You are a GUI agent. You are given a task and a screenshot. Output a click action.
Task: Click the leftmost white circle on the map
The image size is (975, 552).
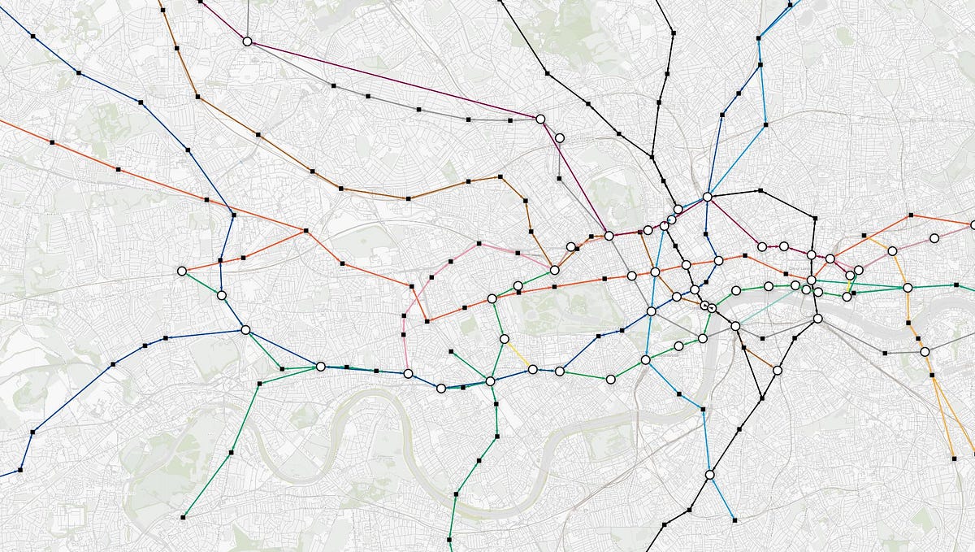click(x=181, y=271)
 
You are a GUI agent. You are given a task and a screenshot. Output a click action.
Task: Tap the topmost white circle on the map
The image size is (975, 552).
click(x=248, y=41)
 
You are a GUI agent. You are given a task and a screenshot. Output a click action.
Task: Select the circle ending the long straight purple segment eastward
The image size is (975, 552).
click(x=539, y=119)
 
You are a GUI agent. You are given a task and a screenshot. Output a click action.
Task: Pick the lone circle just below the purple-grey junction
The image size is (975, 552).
click(x=560, y=138)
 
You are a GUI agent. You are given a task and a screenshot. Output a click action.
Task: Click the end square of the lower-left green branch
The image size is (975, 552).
click(x=184, y=516)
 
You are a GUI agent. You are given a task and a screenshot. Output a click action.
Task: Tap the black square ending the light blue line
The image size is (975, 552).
click(x=734, y=519)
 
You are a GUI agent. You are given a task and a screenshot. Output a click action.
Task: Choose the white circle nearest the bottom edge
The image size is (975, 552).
click(x=709, y=474)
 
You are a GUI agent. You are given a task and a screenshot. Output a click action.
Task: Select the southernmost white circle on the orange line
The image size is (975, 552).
click(x=925, y=351)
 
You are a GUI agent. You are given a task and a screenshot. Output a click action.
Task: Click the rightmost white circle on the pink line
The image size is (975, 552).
click(x=934, y=238)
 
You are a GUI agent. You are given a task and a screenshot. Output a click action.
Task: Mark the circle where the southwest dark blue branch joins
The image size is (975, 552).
click(x=245, y=329)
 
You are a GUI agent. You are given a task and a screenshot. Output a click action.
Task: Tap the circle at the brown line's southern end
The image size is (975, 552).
click(x=778, y=370)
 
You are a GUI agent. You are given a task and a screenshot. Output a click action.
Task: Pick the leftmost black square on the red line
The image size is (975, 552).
click(x=52, y=142)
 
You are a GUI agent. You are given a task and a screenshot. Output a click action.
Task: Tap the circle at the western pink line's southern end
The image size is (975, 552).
click(x=408, y=374)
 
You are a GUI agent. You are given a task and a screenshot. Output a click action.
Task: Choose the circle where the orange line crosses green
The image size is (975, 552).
click(x=908, y=287)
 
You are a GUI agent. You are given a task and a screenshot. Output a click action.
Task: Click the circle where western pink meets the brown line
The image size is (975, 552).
click(x=554, y=270)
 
